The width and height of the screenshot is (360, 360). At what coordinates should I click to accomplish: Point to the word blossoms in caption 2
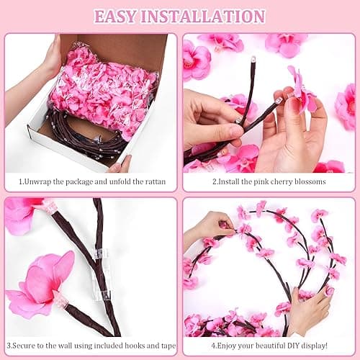tap(308, 181)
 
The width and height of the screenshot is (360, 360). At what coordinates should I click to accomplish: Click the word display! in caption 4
tap(323, 346)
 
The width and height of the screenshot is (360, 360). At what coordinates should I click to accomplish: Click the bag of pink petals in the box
tap(104, 90)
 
